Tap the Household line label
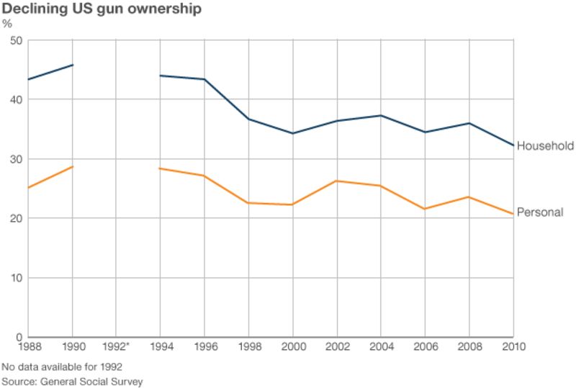pos(545,146)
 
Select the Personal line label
pos(540,212)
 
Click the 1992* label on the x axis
pos(117,346)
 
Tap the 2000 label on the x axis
pos(292,346)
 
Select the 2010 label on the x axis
pos(513,346)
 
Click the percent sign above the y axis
pos(7,24)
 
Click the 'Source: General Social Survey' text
pos(72,381)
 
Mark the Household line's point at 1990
pos(72,65)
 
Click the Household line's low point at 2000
pos(292,133)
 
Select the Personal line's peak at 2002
pos(337,181)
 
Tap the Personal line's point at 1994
pos(160,168)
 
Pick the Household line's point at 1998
pos(248,119)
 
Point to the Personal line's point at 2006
pos(425,209)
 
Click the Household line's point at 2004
pos(381,115)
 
